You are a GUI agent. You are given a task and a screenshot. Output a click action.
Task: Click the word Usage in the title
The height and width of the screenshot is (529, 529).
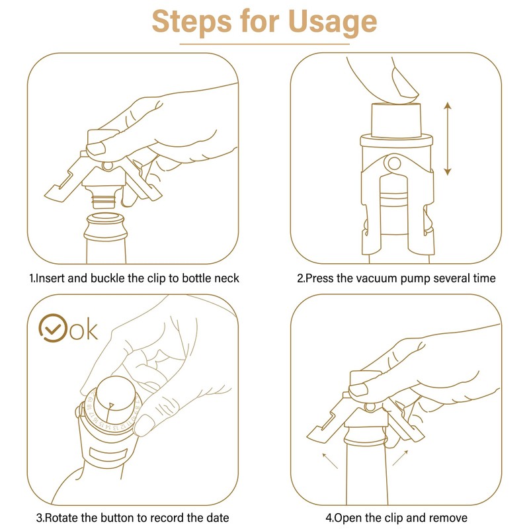click(333, 22)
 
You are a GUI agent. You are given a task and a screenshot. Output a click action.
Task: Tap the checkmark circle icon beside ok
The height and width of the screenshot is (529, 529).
click(53, 328)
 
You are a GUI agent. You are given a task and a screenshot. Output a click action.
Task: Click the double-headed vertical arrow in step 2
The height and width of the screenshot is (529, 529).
click(448, 138)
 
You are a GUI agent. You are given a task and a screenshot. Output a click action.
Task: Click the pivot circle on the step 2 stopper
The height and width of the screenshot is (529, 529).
click(393, 163)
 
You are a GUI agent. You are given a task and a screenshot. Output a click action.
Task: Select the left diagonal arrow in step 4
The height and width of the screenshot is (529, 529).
click(330, 461)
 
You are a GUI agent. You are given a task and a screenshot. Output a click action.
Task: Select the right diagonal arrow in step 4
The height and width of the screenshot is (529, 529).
click(401, 458)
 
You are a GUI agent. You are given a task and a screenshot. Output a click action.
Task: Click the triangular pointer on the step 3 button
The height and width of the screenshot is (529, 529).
click(110, 407)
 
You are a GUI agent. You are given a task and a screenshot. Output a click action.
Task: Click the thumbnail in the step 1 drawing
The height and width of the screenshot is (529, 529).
click(96, 147)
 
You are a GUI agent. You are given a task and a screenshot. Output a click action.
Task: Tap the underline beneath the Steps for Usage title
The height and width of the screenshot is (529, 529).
click(264, 44)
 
